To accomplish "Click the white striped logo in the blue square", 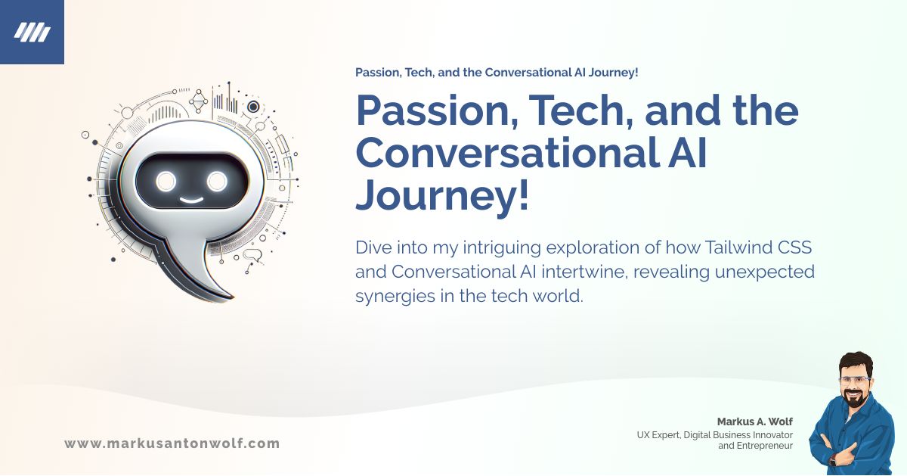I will coord(32,32).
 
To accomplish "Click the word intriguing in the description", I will coord(503,247).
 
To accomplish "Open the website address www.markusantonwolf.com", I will coord(172,443).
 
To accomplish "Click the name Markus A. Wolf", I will coord(755,422).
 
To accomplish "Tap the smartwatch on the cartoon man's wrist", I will coord(833,459).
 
